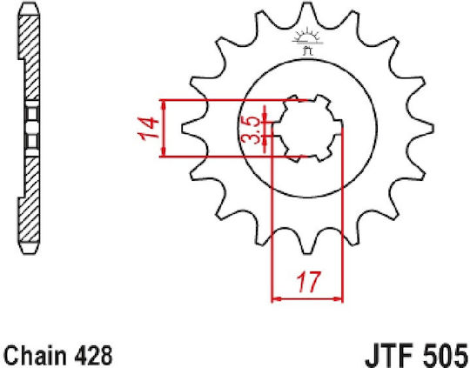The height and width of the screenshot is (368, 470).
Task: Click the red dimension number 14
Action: pos(149,128)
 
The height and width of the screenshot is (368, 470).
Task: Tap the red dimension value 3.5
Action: pos(251,130)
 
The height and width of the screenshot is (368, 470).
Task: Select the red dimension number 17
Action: pos(308,283)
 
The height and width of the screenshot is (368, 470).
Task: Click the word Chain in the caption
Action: pos(36,356)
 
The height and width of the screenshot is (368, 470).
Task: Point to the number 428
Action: pos(93,356)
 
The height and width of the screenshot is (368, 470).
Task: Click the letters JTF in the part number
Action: pos(391,357)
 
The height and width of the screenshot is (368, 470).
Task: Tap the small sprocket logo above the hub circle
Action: pos(308,42)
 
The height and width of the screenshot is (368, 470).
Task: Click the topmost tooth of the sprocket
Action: pos(306,12)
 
